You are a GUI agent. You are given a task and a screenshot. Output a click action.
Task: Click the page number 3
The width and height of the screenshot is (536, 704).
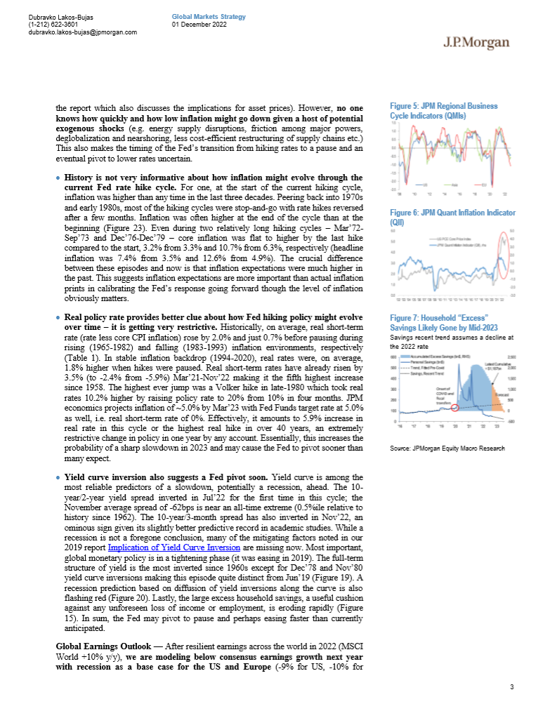pyautogui.click(x=512, y=684)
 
